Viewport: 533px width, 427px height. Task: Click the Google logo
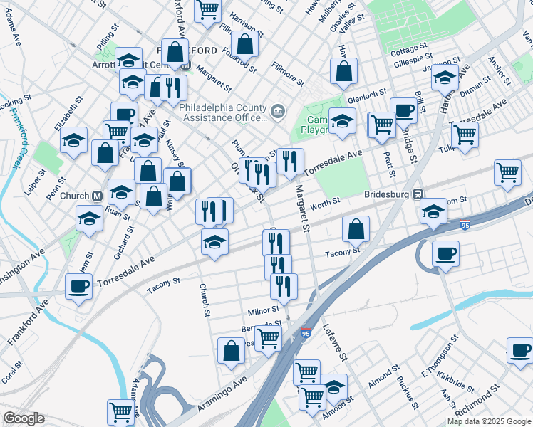click(x=24, y=418)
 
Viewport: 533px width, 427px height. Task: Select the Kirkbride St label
click(x=456, y=383)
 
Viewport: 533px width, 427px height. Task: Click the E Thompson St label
click(x=437, y=365)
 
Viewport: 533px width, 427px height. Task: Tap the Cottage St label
click(x=408, y=51)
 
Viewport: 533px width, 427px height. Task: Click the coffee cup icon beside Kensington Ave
click(x=79, y=286)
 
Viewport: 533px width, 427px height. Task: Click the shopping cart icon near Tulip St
click(x=465, y=133)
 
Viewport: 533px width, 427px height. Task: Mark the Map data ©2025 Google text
click(x=489, y=421)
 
